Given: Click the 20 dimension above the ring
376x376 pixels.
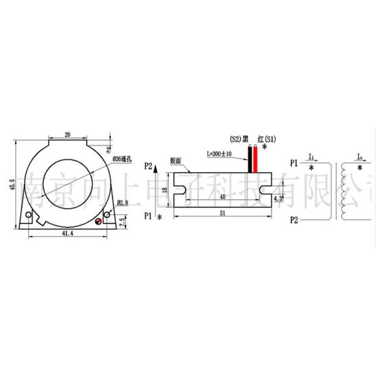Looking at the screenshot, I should pyautogui.click(x=68, y=134).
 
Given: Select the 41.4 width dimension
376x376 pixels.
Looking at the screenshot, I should pyautogui.click(x=68, y=232).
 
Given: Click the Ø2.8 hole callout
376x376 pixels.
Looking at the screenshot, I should pyautogui.click(x=123, y=202).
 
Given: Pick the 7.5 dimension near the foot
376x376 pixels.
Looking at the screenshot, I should pyautogui.click(x=121, y=222).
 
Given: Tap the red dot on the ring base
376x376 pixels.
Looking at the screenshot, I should pyautogui.click(x=98, y=221).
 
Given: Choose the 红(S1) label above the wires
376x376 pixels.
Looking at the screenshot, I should pyautogui.click(x=266, y=138).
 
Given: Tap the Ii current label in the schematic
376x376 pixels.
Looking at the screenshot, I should pyautogui.click(x=311, y=157).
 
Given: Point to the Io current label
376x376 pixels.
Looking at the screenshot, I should pyautogui.click(x=360, y=157).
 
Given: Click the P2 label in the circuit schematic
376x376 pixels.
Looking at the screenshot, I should pyautogui.click(x=295, y=220).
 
